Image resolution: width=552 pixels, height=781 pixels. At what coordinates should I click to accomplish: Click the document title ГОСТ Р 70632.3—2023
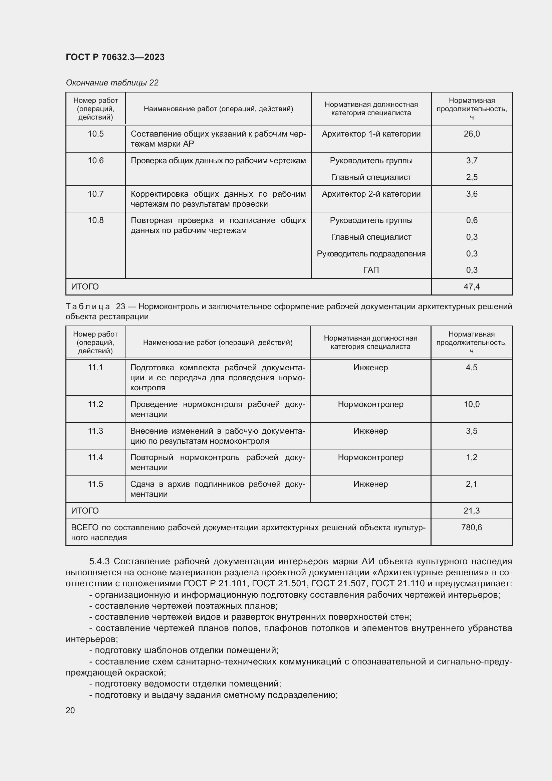pyautogui.click(x=115, y=57)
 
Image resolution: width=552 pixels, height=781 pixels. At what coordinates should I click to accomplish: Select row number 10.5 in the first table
pyautogui.click(x=95, y=134)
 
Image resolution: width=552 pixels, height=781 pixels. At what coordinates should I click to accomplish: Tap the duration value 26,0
pyautogui.click(x=472, y=134)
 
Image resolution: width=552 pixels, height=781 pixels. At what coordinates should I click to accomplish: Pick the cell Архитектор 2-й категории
pyautogui.click(x=371, y=194)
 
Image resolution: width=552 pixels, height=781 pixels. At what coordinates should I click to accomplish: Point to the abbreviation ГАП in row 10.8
pyautogui.click(x=371, y=270)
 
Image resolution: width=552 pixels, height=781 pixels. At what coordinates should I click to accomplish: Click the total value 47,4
pyautogui.click(x=472, y=287)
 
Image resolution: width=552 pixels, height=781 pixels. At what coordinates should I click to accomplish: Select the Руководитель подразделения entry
pyautogui.click(x=371, y=254)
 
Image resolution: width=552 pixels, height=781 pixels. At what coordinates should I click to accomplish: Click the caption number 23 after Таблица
pyautogui.click(x=121, y=307)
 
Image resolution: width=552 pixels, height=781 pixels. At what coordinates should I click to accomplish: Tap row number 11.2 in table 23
pyautogui.click(x=95, y=404)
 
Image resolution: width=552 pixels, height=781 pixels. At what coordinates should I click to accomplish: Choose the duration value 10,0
pyautogui.click(x=472, y=404)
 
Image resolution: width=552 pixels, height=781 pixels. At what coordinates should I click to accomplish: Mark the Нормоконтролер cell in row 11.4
pyautogui.click(x=370, y=457)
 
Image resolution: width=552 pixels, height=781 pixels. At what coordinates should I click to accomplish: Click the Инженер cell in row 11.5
pyautogui.click(x=370, y=484)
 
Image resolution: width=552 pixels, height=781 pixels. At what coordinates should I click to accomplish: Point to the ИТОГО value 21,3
pyautogui.click(x=472, y=511)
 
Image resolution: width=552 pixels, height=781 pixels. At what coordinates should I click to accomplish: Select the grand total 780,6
pyautogui.click(x=472, y=528)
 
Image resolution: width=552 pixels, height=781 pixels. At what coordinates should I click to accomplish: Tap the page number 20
pyautogui.click(x=70, y=711)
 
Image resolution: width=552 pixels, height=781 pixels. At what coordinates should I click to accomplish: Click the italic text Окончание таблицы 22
pyautogui.click(x=112, y=83)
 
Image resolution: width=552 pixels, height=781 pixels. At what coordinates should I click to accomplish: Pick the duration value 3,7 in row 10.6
pyautogui.click(x=472, y=161)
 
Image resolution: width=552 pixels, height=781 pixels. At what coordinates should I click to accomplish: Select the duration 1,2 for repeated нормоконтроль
pyautogui.click(x=472, y=457)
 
